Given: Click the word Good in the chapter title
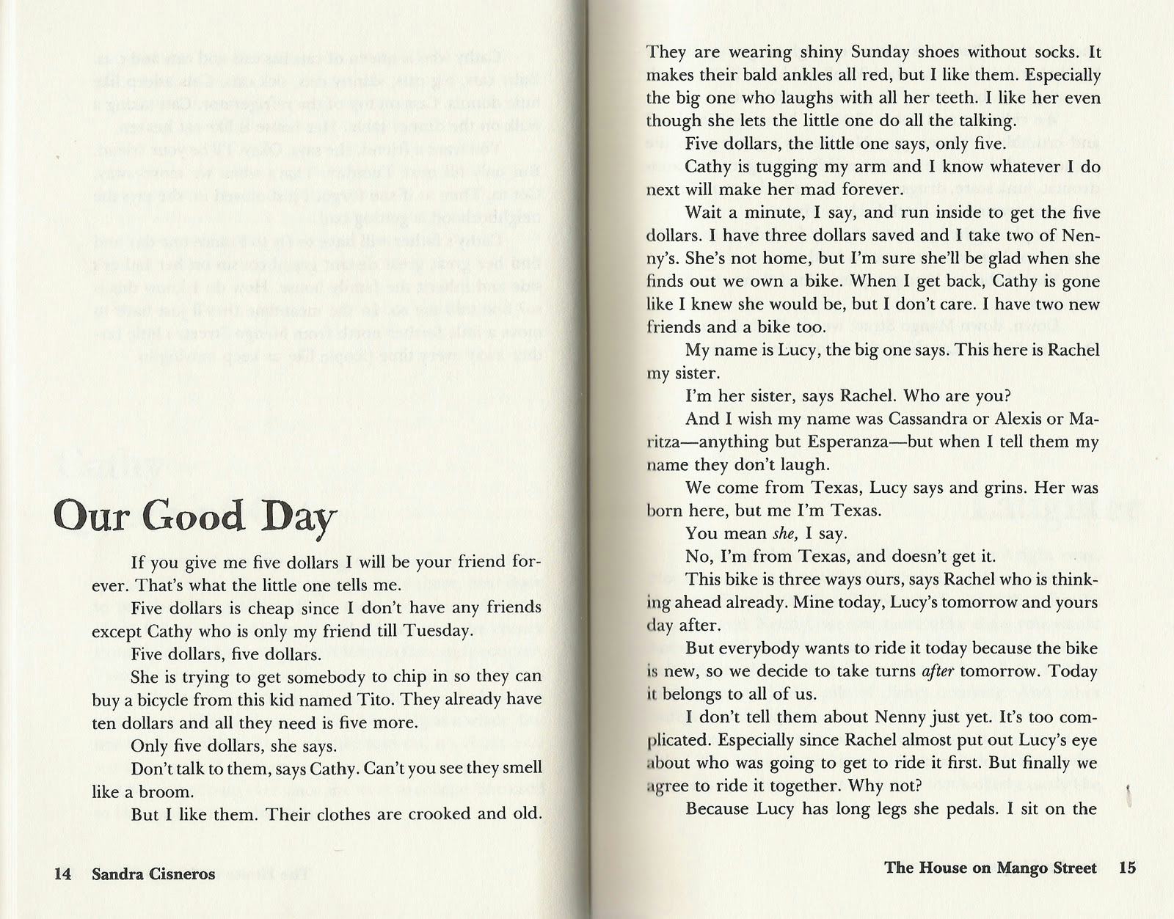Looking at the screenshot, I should [x=196, y=517].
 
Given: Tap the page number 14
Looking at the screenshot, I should [x=62, y=874].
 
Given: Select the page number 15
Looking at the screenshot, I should [x=1127, y=868].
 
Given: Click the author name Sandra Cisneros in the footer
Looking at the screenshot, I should [x=154, y=874].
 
